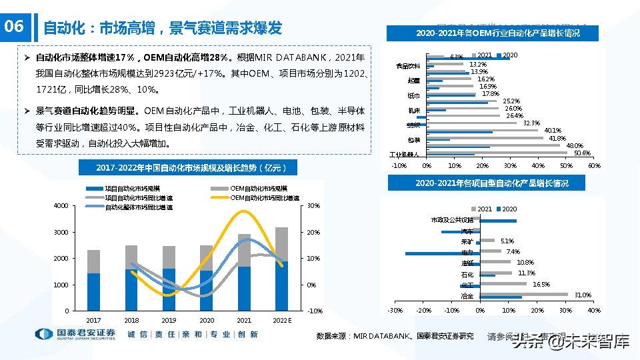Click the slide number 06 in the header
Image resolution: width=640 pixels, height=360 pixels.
pyautogui.click(x=14, y=27)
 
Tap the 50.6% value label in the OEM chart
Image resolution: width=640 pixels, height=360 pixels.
pyautogui.click(x=582, y=153)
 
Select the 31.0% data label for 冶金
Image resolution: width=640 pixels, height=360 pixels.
pyautogui.click(x=583, y=295)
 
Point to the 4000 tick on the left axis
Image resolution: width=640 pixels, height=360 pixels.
pyautogui.click(x=61, y=206)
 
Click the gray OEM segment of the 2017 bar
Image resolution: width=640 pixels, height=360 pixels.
pyautogui.click(x=93, y=261)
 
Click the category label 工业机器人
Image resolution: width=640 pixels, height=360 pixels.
pyautogui.click(x=404, y=155)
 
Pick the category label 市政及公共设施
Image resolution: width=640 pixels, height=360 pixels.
pyautogui.click(x=452, y=219)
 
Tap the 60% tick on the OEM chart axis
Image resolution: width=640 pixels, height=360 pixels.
pyautogui.click(x=594, y=165)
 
